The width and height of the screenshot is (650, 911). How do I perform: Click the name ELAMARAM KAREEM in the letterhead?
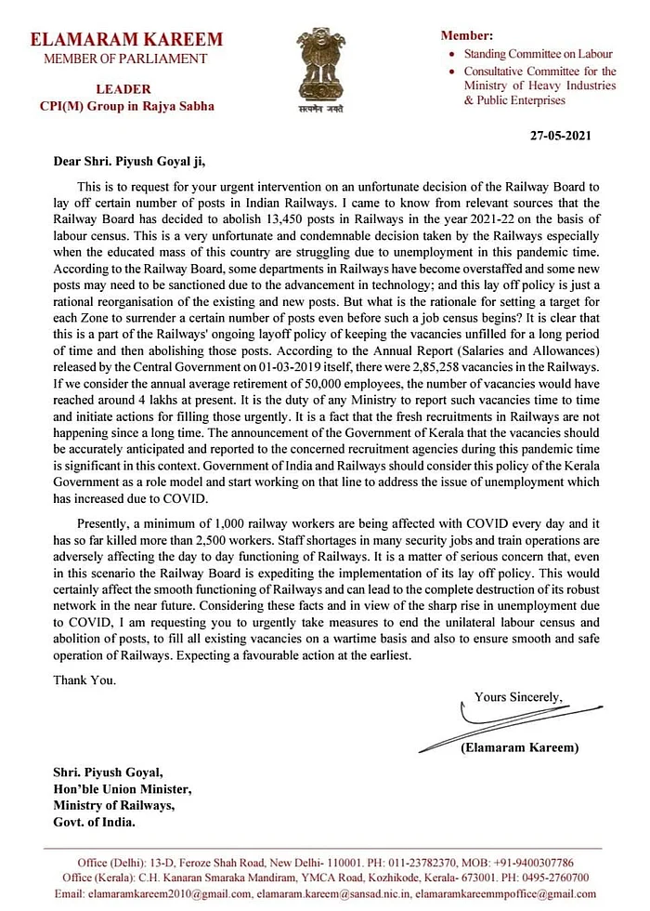126,40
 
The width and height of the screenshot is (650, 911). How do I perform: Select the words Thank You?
84,680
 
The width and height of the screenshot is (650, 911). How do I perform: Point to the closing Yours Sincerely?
518,696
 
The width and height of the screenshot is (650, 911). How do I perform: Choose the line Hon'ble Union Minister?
122,789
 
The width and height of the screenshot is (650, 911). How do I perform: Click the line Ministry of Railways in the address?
113,806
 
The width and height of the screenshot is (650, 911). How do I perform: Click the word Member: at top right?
468,35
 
